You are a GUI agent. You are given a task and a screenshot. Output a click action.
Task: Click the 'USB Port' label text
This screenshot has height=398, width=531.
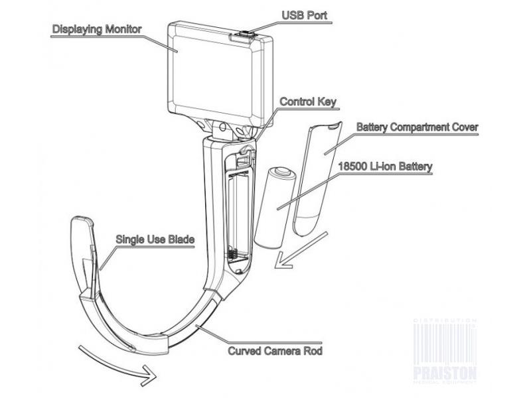(x=305, y=15)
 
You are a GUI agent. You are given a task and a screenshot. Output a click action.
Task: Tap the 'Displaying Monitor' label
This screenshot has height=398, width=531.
(x=96, y=29)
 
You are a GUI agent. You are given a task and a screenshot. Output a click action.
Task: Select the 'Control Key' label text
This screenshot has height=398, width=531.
(x=308, y=101)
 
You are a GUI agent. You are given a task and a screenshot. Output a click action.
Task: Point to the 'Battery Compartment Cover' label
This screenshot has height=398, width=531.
(x=417, y=127)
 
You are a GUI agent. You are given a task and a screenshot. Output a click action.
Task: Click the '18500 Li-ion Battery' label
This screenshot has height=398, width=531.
(x=386, y=166)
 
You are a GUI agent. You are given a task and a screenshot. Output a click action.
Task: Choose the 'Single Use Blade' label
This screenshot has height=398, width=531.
(x=155, y=239)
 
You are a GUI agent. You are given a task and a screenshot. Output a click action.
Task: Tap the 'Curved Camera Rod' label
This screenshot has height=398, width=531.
(x=275, y=351)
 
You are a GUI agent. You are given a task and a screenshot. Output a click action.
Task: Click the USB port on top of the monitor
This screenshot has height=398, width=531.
(x=244, y=34)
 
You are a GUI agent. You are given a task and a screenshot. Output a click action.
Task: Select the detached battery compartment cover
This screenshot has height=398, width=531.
(x=318, y=178)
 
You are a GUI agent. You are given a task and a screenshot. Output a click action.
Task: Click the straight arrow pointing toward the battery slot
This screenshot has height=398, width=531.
(x=300, y=251)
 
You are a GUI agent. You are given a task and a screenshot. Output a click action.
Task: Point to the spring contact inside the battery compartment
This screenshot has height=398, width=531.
(x=231, y=252)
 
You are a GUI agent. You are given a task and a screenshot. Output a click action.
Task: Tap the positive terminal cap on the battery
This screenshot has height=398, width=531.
(x=283, y=172)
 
